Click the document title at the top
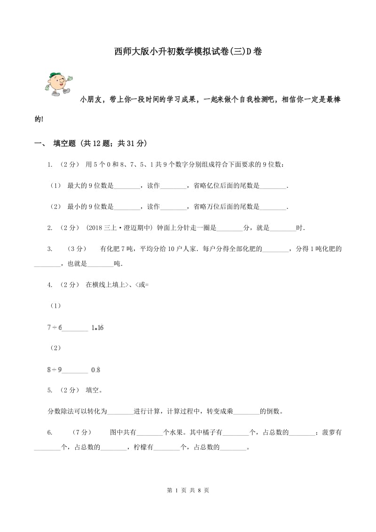(188, 51)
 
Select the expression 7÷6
(54, 328)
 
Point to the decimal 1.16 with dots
(97, 328)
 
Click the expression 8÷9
(54, 370)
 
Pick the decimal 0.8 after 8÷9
(95, 370)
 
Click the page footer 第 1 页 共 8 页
(188, 490)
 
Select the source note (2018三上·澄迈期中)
(119, 228)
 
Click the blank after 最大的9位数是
(127, 186)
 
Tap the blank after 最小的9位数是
(127, 207)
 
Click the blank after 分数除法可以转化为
(120, 412)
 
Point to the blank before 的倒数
(246, 412)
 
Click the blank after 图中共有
(149, 432)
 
